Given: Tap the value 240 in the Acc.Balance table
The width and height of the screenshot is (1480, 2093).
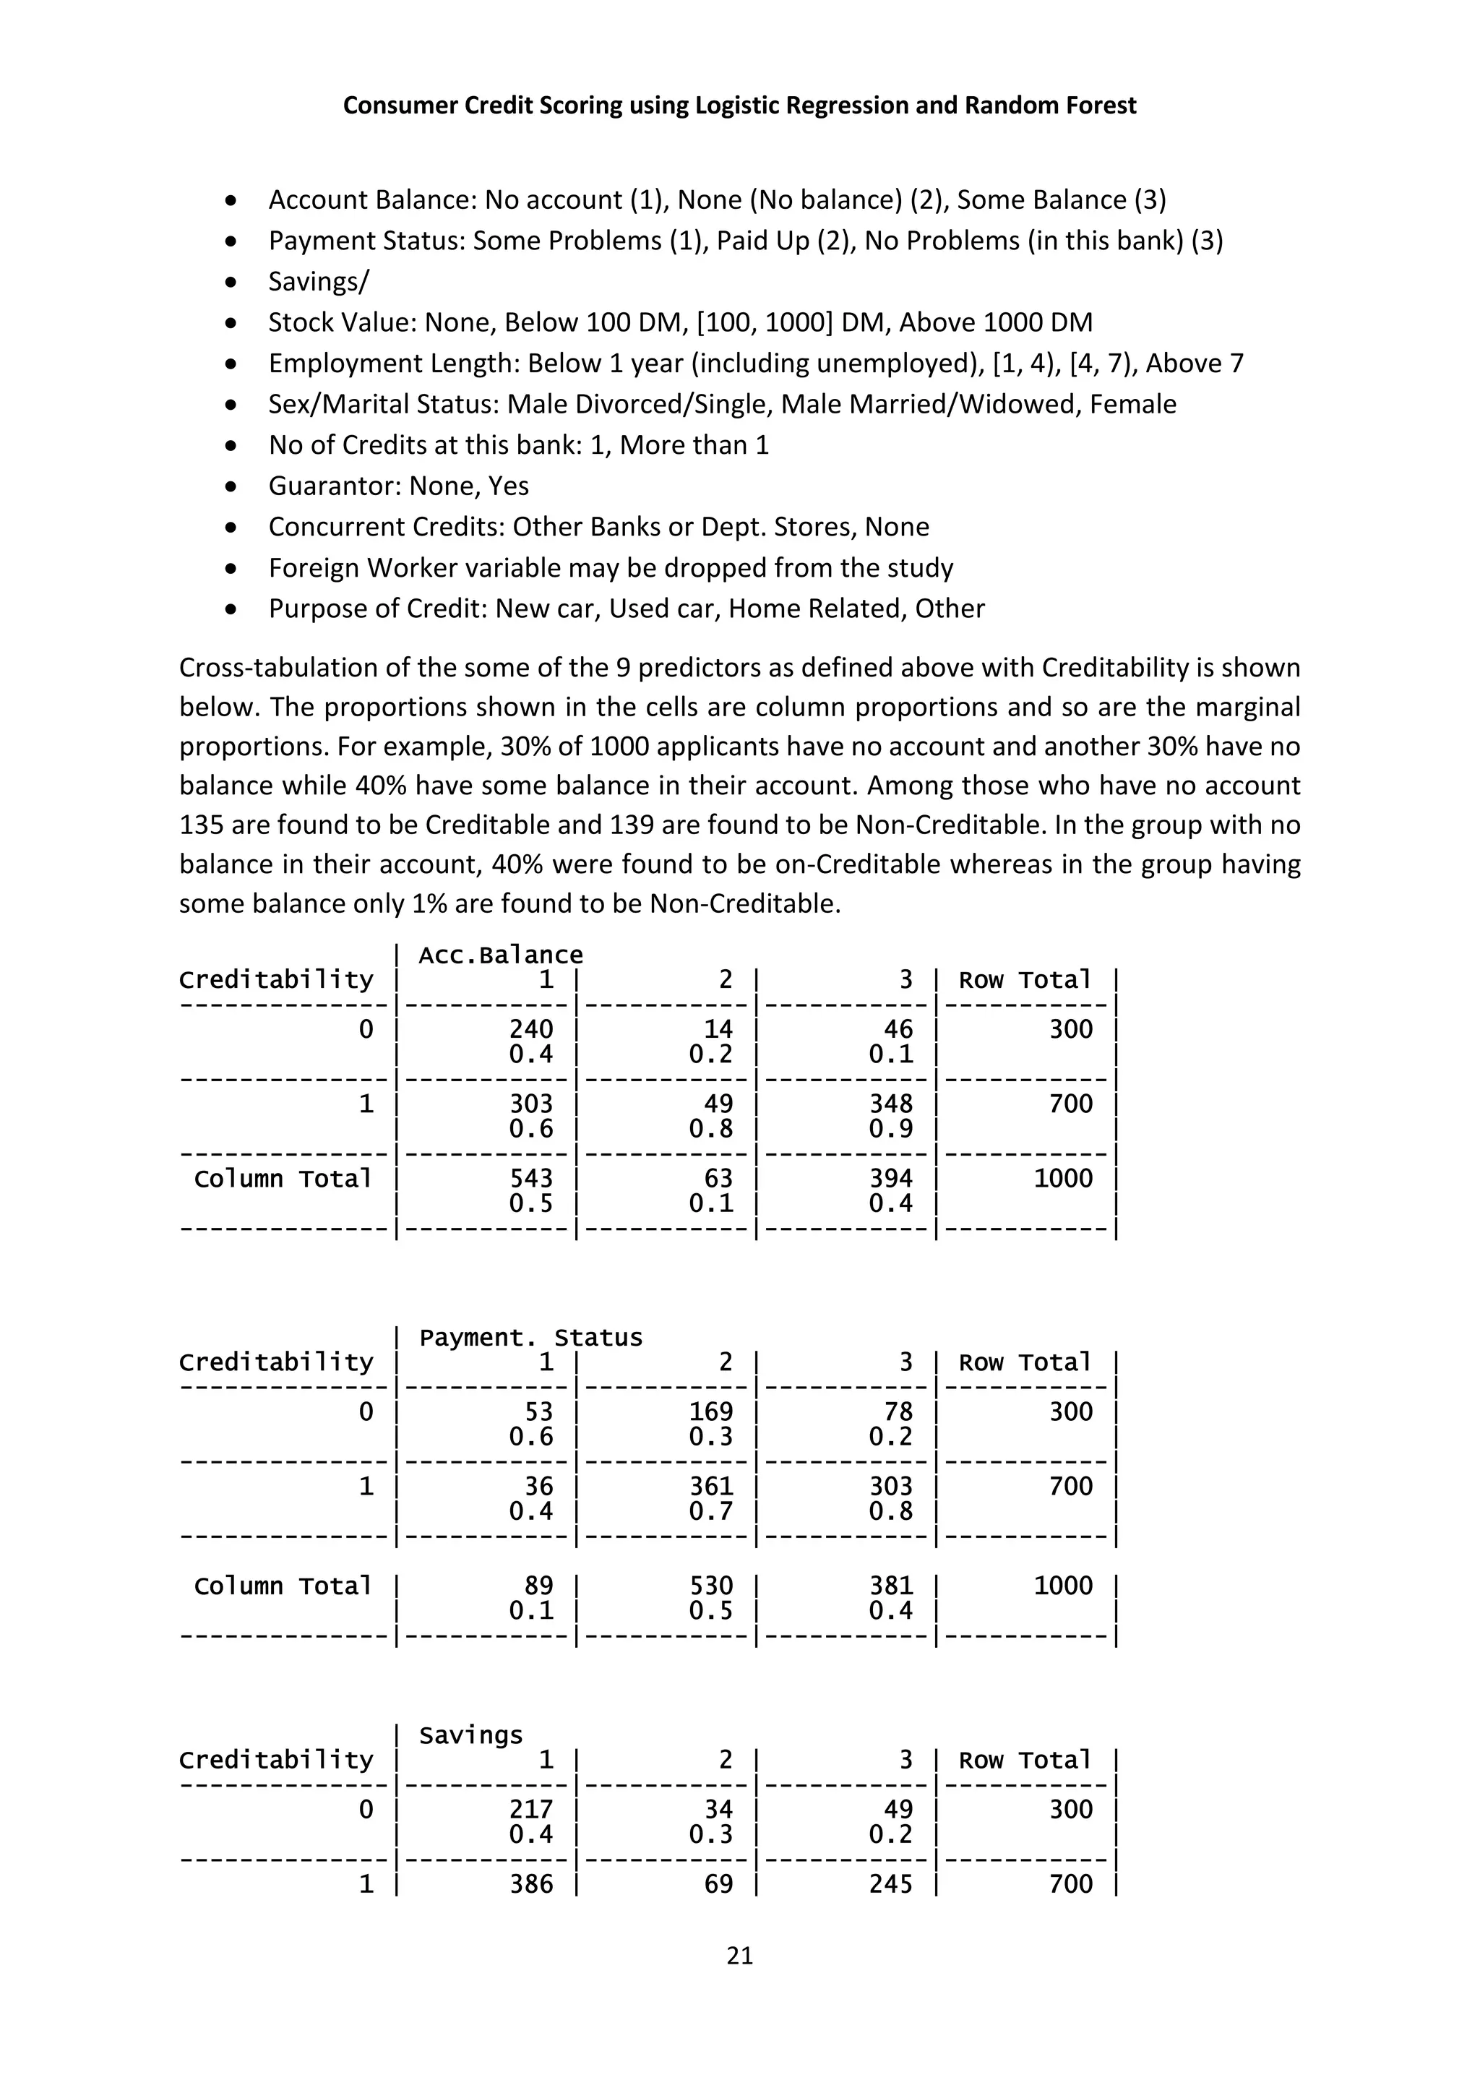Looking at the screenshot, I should click(531, 1029).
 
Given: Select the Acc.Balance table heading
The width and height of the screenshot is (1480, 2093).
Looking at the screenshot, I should click(500, 955).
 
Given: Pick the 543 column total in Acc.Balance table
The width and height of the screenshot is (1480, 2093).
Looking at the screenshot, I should click(531, 1179).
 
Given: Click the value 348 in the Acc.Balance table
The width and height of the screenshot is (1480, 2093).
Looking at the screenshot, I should click(890, 1104).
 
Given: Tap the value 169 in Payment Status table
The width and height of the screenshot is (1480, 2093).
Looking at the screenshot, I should click(711, 1412).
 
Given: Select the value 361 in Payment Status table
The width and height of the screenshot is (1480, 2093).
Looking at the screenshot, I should click(711, 1487).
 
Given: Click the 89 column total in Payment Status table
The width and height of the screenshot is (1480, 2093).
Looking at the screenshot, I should click(538, 1585).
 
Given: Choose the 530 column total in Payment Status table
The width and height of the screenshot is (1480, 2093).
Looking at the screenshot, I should click(711, 1585).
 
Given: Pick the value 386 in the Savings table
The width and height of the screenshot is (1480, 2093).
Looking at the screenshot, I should click(531, 1884).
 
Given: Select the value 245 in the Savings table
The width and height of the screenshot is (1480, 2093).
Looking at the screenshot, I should click(890, 1884).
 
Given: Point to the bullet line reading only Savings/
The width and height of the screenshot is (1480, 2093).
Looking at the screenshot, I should click(318, 282).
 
